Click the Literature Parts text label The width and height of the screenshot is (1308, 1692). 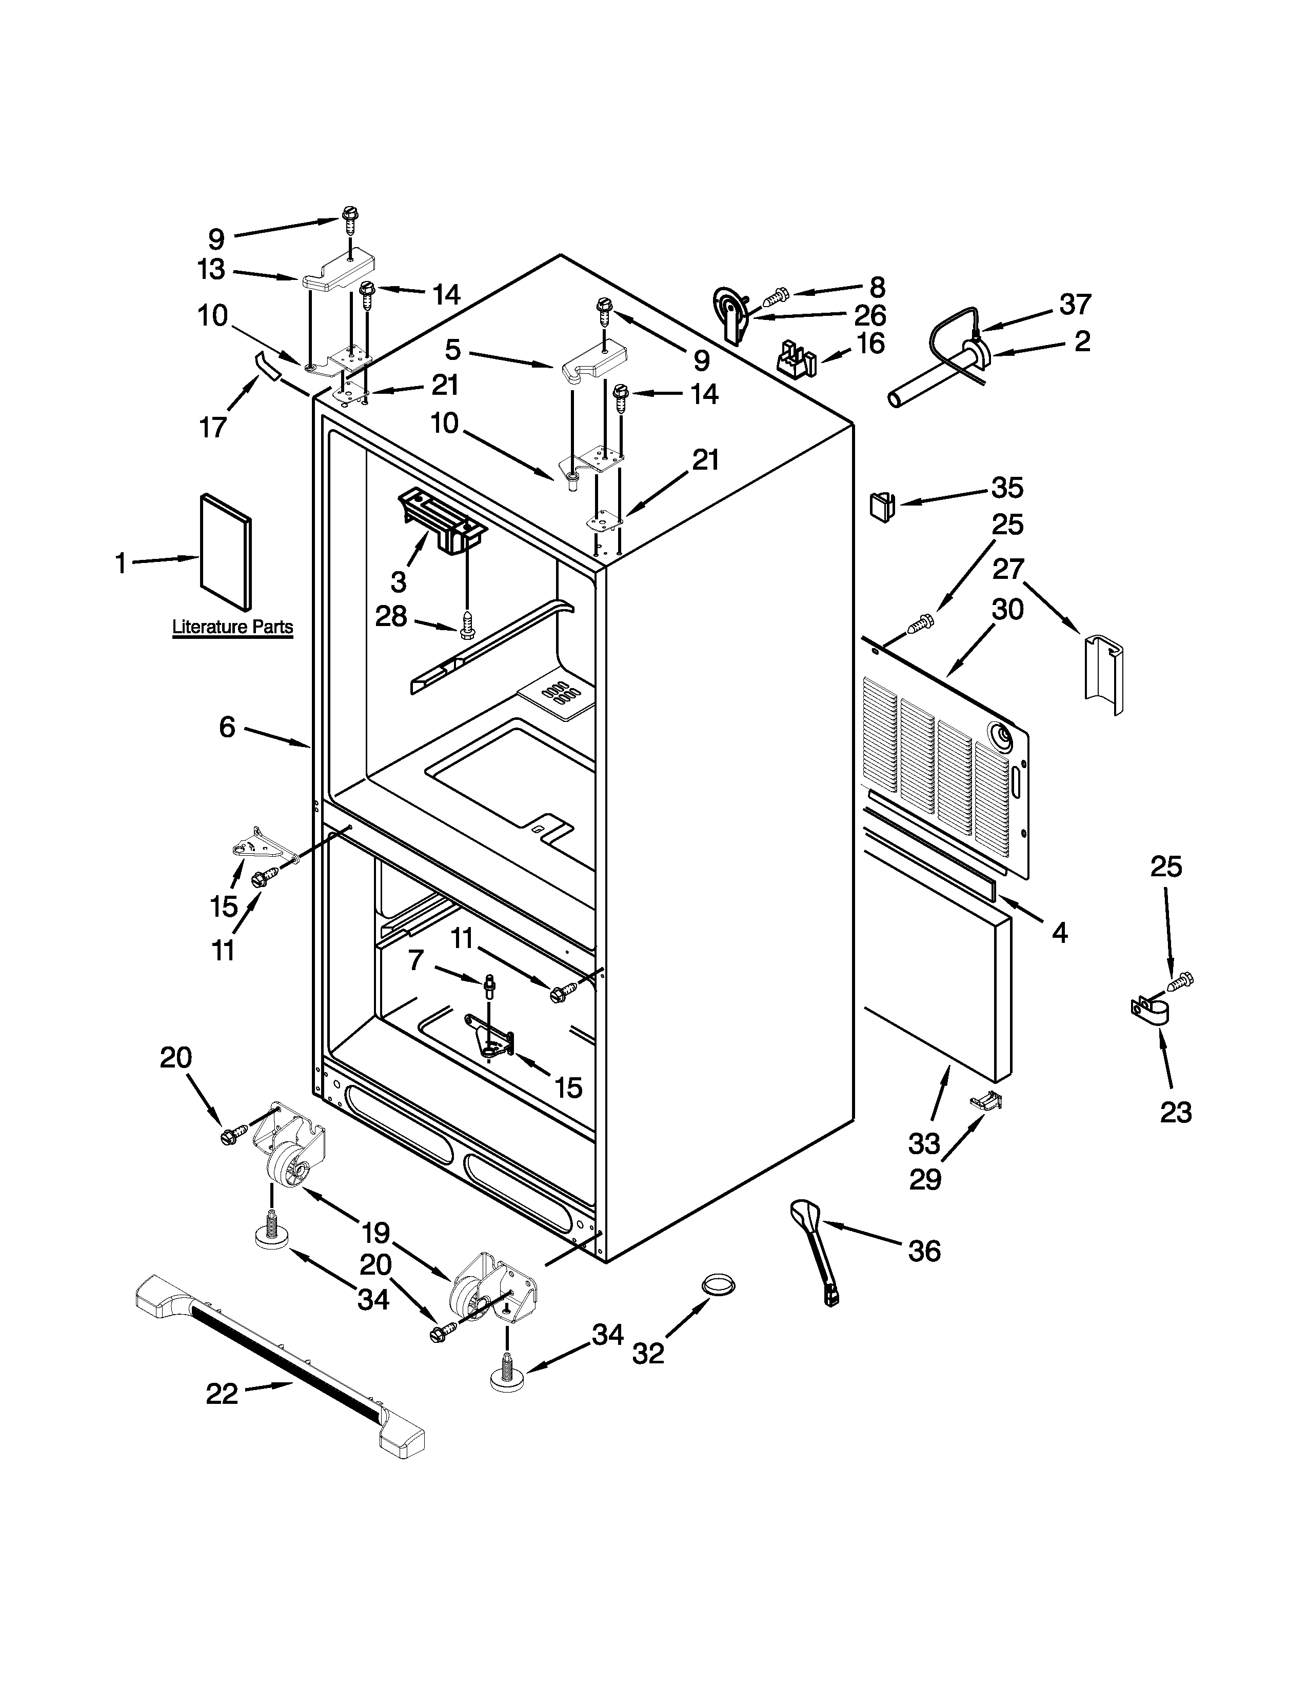[232, 627]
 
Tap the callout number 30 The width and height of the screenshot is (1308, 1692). [1008, 610]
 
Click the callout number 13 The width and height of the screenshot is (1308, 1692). [211, 270]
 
